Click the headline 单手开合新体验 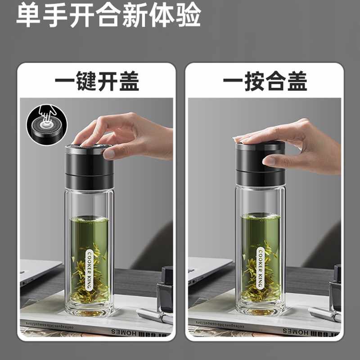coord(108,17)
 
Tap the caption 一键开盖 coord(96,82)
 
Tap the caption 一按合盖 coord(265,82)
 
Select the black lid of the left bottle coord(89,166)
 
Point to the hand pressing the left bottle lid coord(130,135)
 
